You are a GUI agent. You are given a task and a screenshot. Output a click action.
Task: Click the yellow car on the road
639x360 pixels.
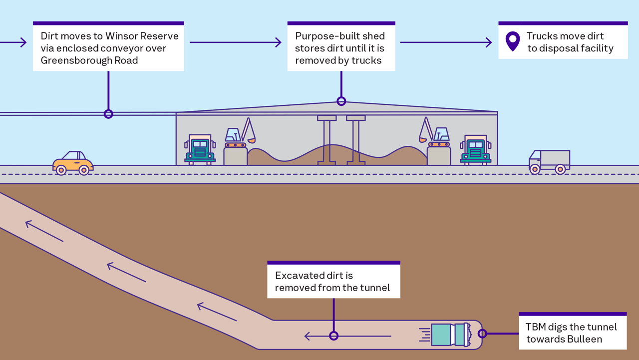[x=73, y=163]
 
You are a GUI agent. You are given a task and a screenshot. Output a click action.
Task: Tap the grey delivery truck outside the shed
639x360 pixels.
[x=550, y=162]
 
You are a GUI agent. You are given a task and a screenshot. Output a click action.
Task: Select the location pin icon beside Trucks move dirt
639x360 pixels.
[x=513, y=41]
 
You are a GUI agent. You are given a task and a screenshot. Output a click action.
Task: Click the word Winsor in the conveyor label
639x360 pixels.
[x=122, y=36]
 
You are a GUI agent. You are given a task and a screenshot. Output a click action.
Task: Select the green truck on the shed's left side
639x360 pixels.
[x=200, y=149]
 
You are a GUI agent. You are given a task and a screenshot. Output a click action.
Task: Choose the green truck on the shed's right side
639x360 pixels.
[x=475, y=149]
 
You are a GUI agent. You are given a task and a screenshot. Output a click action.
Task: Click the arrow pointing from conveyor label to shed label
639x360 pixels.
[x=235, y=42]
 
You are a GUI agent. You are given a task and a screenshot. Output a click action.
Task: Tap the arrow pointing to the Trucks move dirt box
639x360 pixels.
[x=446, y=42]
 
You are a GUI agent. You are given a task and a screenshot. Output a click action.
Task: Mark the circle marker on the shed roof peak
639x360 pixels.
[x=341, y=101]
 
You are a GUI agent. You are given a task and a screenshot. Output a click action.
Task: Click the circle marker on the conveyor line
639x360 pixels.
[x=108, y=114]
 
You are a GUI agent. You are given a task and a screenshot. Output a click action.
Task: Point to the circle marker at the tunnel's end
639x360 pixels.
[x=482, y=334]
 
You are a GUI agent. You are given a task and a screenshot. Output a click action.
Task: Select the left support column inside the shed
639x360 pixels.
[x=327, y=140]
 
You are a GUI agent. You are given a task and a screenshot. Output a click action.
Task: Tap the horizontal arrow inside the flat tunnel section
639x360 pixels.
[x=347, y=336]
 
